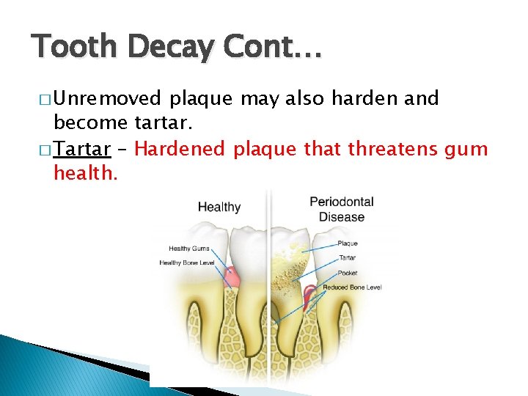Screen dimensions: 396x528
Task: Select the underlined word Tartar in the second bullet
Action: (x=82, y=150)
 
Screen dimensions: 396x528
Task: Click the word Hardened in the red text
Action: (x=180, y=150)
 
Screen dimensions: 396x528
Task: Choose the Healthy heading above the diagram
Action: (x=219, y=207)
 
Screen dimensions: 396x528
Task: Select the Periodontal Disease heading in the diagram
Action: (x=342, y=208)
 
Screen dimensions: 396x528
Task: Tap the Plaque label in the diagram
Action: (x=348, y=243)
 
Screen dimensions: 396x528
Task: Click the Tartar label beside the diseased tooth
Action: (x=348, y=258)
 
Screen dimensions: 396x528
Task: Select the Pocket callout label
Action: (x=348, y=272)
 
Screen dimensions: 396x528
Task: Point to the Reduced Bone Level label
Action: (x=352, y=287)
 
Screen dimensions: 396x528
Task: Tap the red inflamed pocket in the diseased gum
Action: (x=310, y=293)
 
